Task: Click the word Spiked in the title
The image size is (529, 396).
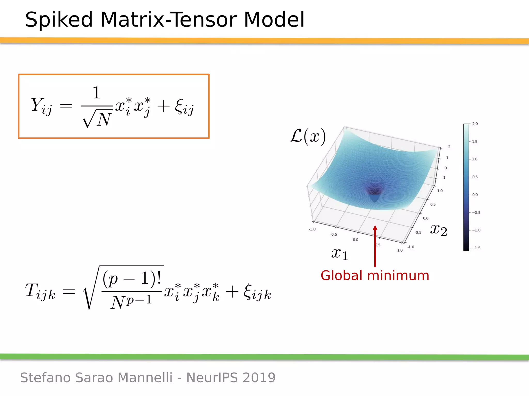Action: [59, 20]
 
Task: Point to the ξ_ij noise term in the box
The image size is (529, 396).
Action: [184, 107]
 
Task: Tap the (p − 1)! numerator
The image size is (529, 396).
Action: [132, 278]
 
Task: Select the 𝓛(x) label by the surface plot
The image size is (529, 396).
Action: [308, 136]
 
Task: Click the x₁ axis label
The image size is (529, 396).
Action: [340, 254]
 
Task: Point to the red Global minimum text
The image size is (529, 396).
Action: [375, 275]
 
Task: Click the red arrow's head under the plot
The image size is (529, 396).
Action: [375, 228]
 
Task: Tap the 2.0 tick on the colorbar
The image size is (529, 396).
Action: [475, 124]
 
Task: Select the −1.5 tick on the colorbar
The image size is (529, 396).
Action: [476, 248]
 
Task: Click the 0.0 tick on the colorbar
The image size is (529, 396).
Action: [475, 195]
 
